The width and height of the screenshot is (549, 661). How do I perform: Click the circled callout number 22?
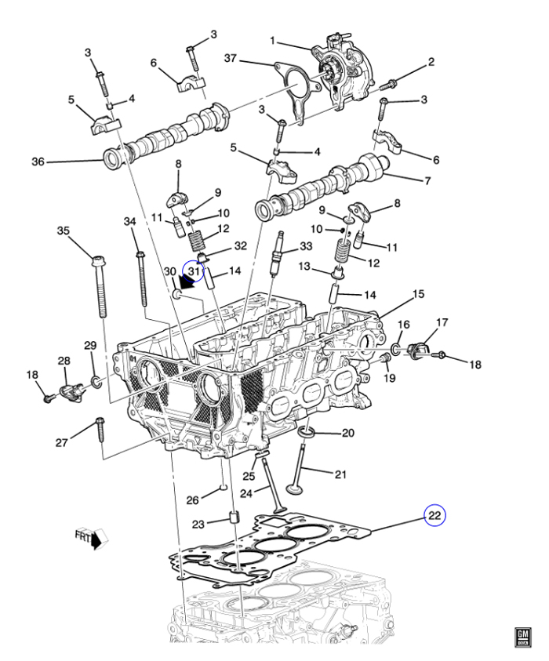click(434, 515)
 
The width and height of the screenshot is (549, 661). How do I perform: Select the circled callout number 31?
click(194, 271)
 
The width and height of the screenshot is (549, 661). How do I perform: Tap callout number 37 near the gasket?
click(231, 59)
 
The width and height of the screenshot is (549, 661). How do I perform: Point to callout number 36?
click(38, 162)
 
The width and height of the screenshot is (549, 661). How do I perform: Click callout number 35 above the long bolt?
click(64, 231)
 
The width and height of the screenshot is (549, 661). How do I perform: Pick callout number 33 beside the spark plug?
click(306, 246)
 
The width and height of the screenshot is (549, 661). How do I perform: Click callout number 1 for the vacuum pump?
click(273, 40)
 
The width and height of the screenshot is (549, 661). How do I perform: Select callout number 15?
click(419, 294)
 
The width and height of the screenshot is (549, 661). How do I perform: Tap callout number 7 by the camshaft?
click(427, 181)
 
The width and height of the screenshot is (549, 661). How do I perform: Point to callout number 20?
click(348, 433)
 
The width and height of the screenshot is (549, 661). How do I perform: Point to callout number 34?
click(130, 223)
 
